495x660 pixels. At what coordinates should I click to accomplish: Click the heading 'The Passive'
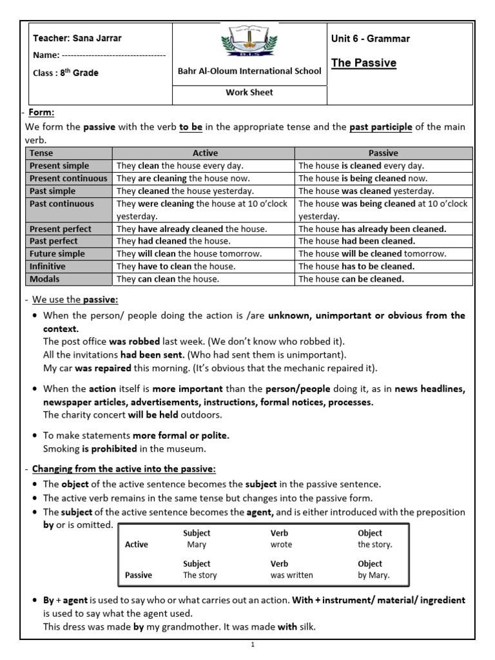(x=364, y=63)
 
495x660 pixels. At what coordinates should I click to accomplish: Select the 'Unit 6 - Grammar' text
(x=370, y=39)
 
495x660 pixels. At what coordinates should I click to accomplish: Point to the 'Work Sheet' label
(x=249, y=92)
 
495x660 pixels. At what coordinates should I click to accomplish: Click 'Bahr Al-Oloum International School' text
(x=249, y=71)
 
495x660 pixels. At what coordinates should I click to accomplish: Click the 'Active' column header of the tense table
(x=205, y=153)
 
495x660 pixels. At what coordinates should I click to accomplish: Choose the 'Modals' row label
(x=44, y=279)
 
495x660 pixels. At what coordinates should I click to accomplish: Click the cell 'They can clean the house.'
(x=168, y=279)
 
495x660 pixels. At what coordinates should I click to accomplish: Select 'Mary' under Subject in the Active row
(x=196, y=545)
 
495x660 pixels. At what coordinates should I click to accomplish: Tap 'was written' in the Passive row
(x=291, y=575)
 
